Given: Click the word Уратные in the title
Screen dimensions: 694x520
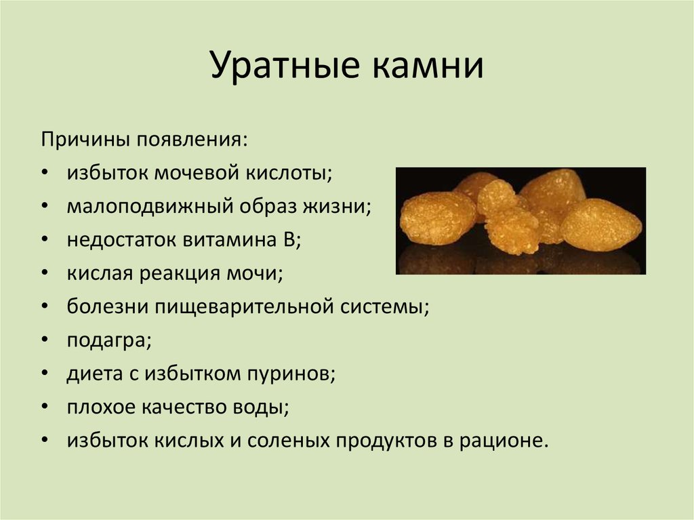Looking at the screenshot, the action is pyautogui.click(x=285, y=66).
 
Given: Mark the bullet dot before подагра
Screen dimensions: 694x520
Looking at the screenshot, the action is pyautogui.click(x=44, y=340).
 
